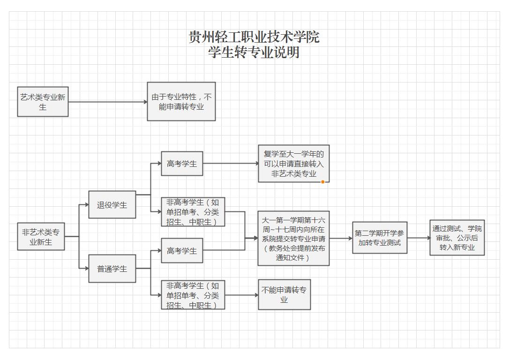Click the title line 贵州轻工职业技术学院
pos(254,37)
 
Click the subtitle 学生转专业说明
pos(254,52)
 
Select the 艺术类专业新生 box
pos(43,102)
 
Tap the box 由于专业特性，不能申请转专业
pos(181,101)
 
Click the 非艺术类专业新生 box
pos(41,237)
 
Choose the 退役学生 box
pos(112,205)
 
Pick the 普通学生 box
pos(112,269)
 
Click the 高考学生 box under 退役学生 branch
pos(182,164)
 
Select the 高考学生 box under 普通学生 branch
pos(182,251)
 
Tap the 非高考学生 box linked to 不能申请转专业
pos(193,295)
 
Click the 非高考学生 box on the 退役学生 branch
pos(193,212)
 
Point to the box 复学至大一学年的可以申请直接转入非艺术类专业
pos(293,164)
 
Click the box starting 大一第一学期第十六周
pos(293,238)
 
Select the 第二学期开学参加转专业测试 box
pos(380,238)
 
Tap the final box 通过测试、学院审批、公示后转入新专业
pos(457,238)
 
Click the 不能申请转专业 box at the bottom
pos(284,295)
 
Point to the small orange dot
pos(322,182)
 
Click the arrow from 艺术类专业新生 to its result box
pos(108,102)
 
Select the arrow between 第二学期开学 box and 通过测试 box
pos(418,238)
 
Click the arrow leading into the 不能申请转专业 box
pos(241,295)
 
